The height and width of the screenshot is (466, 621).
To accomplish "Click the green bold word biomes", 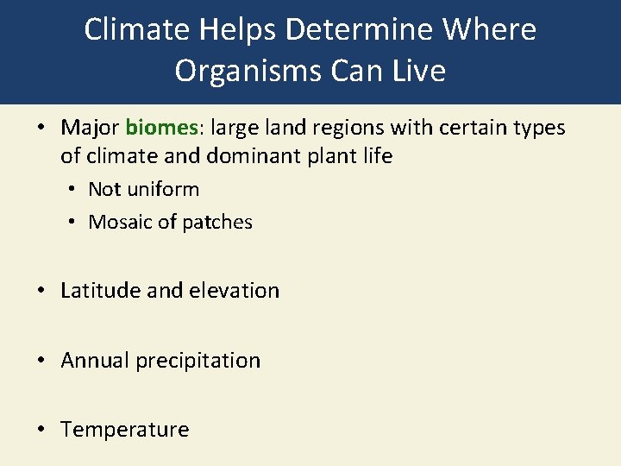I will click(x=162, y=128).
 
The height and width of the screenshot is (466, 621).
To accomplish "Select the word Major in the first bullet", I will click(x=90, y=128).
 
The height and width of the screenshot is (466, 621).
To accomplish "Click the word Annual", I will click(x=95, y=360).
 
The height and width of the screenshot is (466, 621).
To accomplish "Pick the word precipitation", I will click(x=198, y=360).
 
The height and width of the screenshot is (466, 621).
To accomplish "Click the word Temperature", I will click(x=124, y=429).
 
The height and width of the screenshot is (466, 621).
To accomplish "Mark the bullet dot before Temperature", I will click(x=41, y=430).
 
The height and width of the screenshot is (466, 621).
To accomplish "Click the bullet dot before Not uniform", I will click(x=71, y=190).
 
